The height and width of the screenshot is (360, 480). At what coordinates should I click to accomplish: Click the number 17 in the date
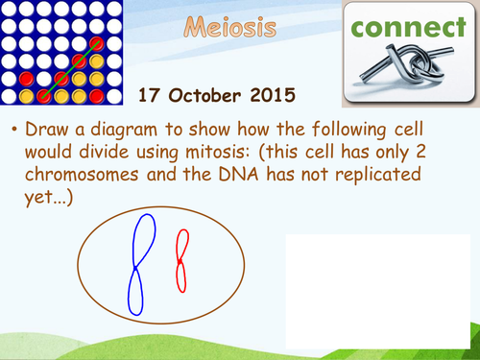pyautogui.click(x=154, y=96)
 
